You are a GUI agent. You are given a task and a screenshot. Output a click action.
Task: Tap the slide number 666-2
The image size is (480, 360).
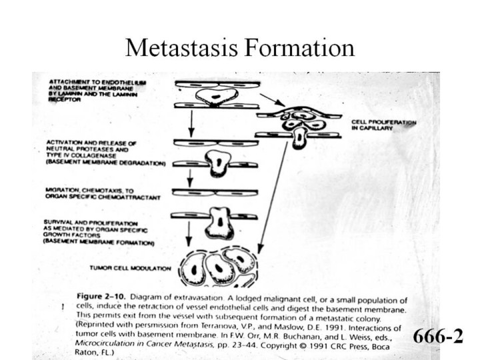(437, 335)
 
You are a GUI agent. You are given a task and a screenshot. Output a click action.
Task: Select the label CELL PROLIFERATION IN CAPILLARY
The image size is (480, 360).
(383, 125)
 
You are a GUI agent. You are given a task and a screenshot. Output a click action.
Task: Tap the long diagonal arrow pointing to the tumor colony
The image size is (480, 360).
(273, 193)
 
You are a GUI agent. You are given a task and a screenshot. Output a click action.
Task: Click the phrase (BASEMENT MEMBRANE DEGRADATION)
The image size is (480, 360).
(106, 162)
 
